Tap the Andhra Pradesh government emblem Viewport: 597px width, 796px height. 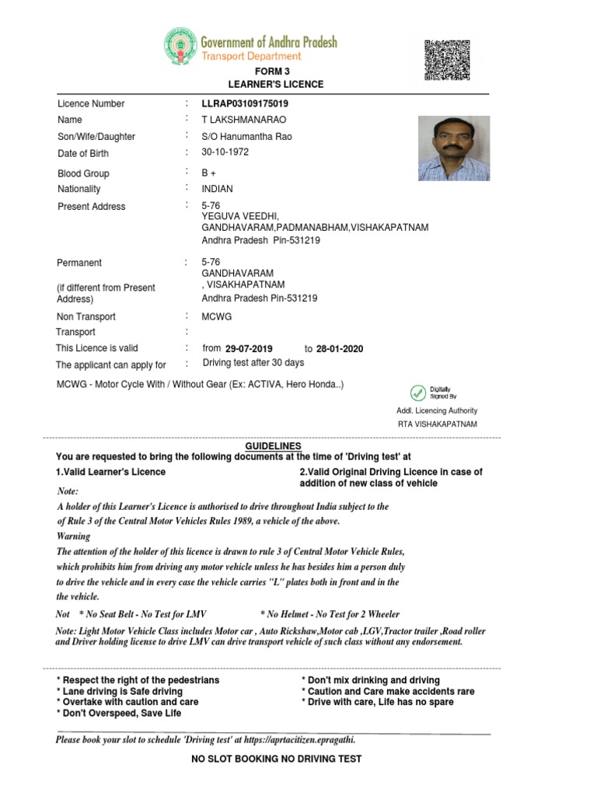pos(180,47)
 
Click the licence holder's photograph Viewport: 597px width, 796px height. pos(454,148)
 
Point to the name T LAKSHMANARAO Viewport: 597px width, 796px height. pos(239,120)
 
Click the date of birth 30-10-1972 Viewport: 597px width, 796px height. pos(225,152)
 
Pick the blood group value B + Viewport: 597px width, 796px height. pos(209,173)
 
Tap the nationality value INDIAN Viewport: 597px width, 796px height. pos(217,189)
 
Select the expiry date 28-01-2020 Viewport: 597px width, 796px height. pos(339,349)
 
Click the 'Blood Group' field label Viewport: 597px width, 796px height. pos(83,173)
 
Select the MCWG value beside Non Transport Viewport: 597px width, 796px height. pos(217,316)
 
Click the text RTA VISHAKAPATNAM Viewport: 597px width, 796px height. pos(437,424)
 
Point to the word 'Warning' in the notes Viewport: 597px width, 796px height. pos(73,536)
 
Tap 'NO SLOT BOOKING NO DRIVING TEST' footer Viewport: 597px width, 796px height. pos(276,759)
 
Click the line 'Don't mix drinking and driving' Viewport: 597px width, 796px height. pos(370,680)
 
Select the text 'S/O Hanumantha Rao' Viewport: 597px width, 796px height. pos(246,136)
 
